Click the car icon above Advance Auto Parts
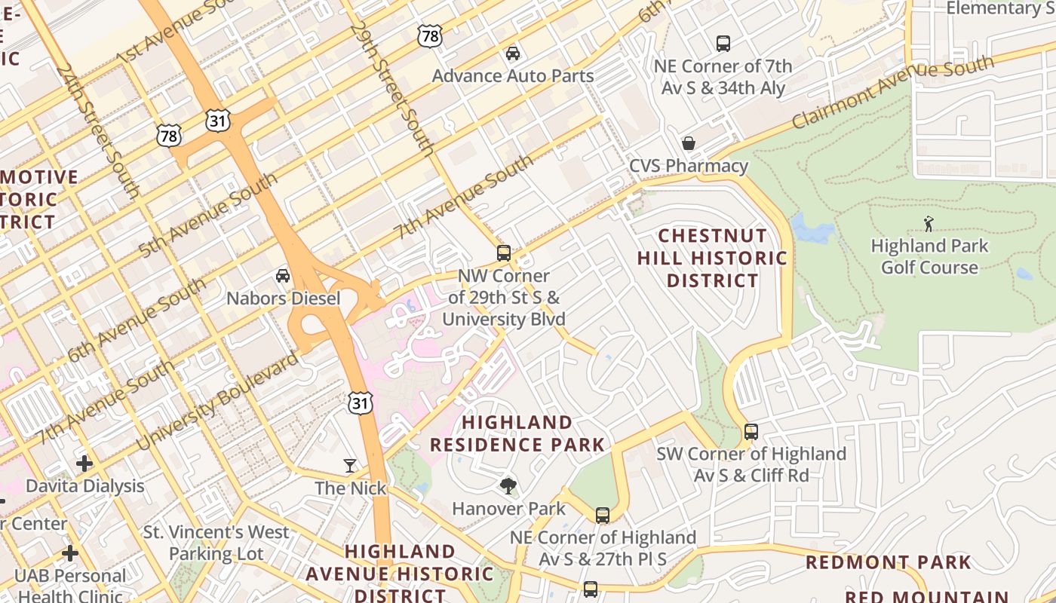coord(513,54)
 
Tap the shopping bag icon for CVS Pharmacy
coord(689,143)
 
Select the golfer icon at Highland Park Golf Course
coord(929,224)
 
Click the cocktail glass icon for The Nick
coord(350,466)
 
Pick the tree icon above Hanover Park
coord(508,486)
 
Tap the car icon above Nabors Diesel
coord(283,276)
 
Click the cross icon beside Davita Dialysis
coord(84,463)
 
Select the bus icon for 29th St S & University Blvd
coord(503,253)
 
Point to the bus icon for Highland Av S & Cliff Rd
coord(751,432)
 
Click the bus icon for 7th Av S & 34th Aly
coord(723,44)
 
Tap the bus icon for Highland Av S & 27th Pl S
coord(602,516)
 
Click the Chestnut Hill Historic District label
coord(712,258)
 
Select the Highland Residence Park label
coord(517,433)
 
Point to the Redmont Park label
coord(889,562)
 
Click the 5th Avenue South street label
coord(207,216)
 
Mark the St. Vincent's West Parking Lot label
coord(216,543)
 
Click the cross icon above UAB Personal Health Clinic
coord(70,553)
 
